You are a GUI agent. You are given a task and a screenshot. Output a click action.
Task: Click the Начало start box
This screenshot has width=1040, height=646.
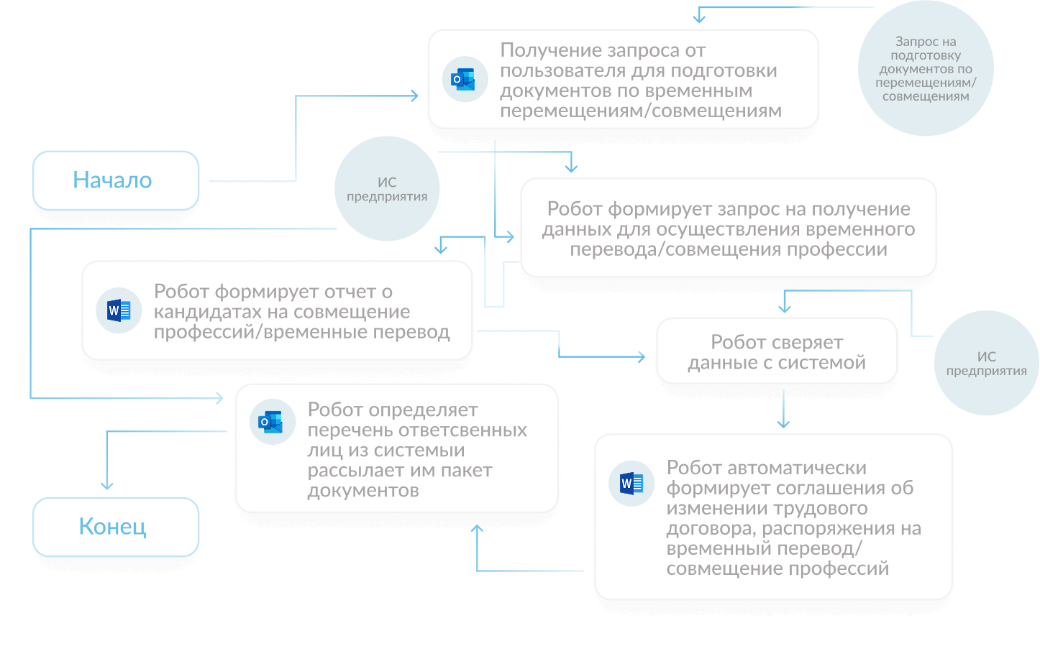[x=115, y=180]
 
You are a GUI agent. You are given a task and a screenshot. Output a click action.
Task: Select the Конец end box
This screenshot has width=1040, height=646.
[x=115, y=527]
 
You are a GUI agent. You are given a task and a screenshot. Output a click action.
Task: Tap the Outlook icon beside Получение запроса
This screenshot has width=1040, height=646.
[x=464, y=79]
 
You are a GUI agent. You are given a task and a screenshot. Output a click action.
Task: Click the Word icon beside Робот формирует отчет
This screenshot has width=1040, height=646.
[x=119, y=310]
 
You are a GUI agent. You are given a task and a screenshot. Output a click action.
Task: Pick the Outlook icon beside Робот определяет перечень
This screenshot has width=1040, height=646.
[x=272, y=422]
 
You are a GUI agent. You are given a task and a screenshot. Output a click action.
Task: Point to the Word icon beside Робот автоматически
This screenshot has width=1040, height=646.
[x=631, y=484]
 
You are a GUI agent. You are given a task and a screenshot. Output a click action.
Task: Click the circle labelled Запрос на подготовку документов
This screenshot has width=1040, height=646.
[x=926, y=69]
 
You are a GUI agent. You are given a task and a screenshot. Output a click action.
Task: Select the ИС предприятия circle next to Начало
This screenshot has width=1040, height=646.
[x=387, y=189]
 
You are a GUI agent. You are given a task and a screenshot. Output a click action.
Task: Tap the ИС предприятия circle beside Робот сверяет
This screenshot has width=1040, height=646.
[x=986, y=364]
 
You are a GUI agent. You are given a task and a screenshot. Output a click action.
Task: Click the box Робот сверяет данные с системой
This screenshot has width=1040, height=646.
[x=777, y=352]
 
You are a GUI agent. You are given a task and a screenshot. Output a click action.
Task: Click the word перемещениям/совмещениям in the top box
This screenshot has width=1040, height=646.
[x=640, y=111]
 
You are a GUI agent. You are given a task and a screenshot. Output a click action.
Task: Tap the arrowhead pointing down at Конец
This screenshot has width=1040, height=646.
[x=107, y=486]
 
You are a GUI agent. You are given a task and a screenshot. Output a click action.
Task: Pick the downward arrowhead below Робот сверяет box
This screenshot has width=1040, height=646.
[x=784, y=424]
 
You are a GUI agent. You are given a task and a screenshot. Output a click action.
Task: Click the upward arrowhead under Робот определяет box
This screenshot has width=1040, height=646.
[x=477, y=529]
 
